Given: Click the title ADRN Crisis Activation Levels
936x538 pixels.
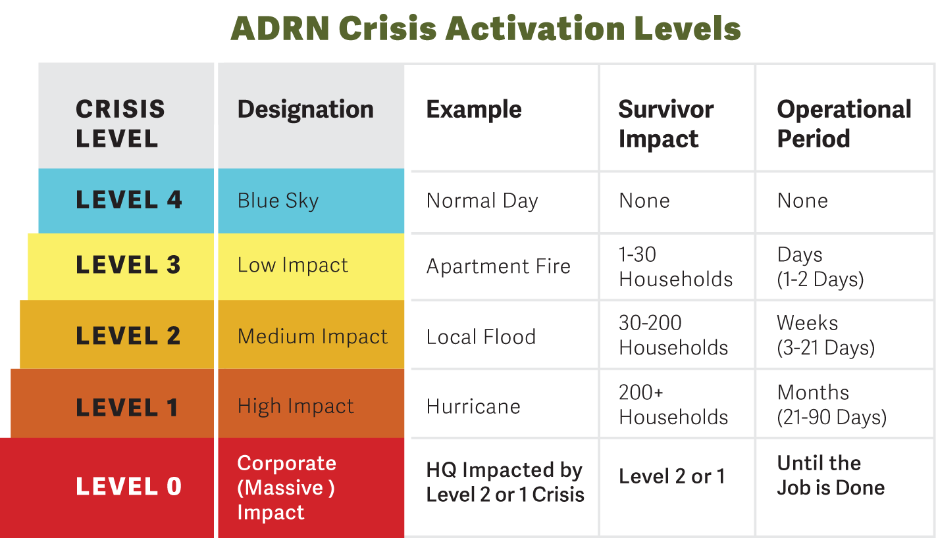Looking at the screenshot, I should pyautogui.click(x=486, y=29).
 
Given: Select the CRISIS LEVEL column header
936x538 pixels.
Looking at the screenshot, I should pyautogui.click(x=120, y=123).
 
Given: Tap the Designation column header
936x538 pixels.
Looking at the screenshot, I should pyautogui.click(x=305, y=109).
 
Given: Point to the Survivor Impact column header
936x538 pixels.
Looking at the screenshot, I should pyautogui.click(x=665, y=124).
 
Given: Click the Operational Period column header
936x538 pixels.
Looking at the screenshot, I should pyautogui.click(x=844, y=124).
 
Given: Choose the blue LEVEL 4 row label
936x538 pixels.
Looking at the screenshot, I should pyautogui.click(x=128, y=200).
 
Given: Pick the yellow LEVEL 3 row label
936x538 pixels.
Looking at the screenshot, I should pyautogui.click(x=128, y=264).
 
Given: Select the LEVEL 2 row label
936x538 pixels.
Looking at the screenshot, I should pyautogui.click(x=128, y=335).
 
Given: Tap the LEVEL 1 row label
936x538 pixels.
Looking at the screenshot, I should pyautogui.click(x=126, y=407).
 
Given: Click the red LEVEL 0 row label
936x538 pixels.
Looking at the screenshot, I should pyautogui.click(x=128, y=487).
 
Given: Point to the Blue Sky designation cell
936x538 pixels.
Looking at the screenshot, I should pyautogui.click(x=278, y=201).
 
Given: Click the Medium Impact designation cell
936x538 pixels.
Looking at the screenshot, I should pyautogui.click(x=313, y=336).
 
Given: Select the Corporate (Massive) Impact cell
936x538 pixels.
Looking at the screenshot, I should pyautogui.click(x=286, y=487).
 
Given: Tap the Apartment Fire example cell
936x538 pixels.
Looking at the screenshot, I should pyautogui.click(x=498, y=266).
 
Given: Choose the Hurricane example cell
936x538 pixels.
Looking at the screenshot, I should pyautogui.click(x=473, y=406).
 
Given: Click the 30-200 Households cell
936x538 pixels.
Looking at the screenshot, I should pyautogui.click(x=673, y=335).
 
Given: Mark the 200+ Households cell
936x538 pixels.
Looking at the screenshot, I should pyautogui.click(x=673, y=404).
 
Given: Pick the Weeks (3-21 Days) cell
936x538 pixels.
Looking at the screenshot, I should pyautogui.click(x=825, y=335).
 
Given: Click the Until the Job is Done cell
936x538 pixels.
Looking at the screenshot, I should pyautogui.click(x=831, y=475).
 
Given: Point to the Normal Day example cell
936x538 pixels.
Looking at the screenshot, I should pyautogui.click(x=482, y=201).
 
